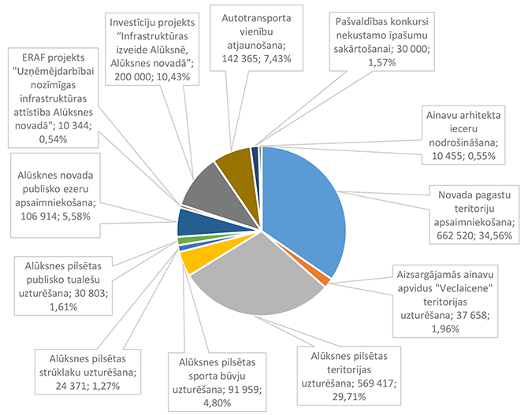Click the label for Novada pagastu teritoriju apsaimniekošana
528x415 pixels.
[472, 213]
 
